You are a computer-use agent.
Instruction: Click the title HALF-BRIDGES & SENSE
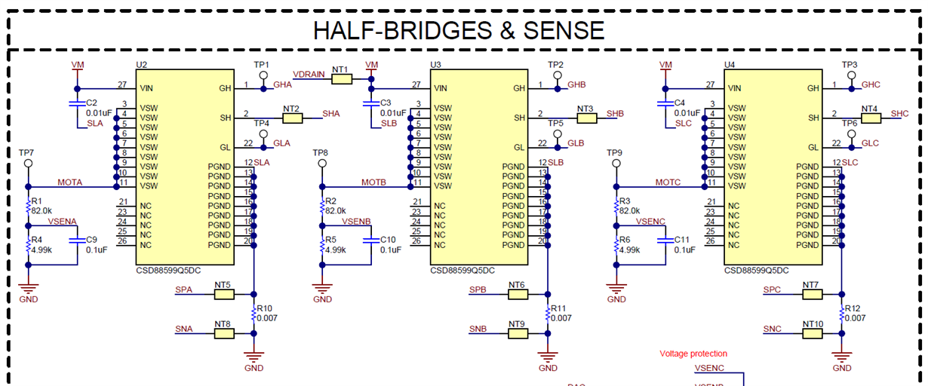click(459, 30)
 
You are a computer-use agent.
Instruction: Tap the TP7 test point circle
click(28, 162)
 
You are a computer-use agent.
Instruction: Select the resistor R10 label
click(265, 308)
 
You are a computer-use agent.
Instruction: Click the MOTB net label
click(373, 182)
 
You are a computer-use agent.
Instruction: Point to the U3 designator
click(436, 65)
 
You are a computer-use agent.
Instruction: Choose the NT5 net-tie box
click(224, 295)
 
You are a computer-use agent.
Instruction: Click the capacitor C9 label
click(92, 239)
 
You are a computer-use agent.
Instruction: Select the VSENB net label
click(355, 221)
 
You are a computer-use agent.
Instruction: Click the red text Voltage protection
click(693, 354)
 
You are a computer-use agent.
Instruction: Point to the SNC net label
click(772, 329)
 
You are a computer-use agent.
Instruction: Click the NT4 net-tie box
click(869, 118)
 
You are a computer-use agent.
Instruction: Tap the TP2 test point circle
click(557, 75)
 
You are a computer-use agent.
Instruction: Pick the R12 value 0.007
click(855, 318)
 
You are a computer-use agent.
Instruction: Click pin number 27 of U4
click(710, 84)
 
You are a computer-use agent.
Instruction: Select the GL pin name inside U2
click(225, 147)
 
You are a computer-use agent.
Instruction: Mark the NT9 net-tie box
click(518, 333)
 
